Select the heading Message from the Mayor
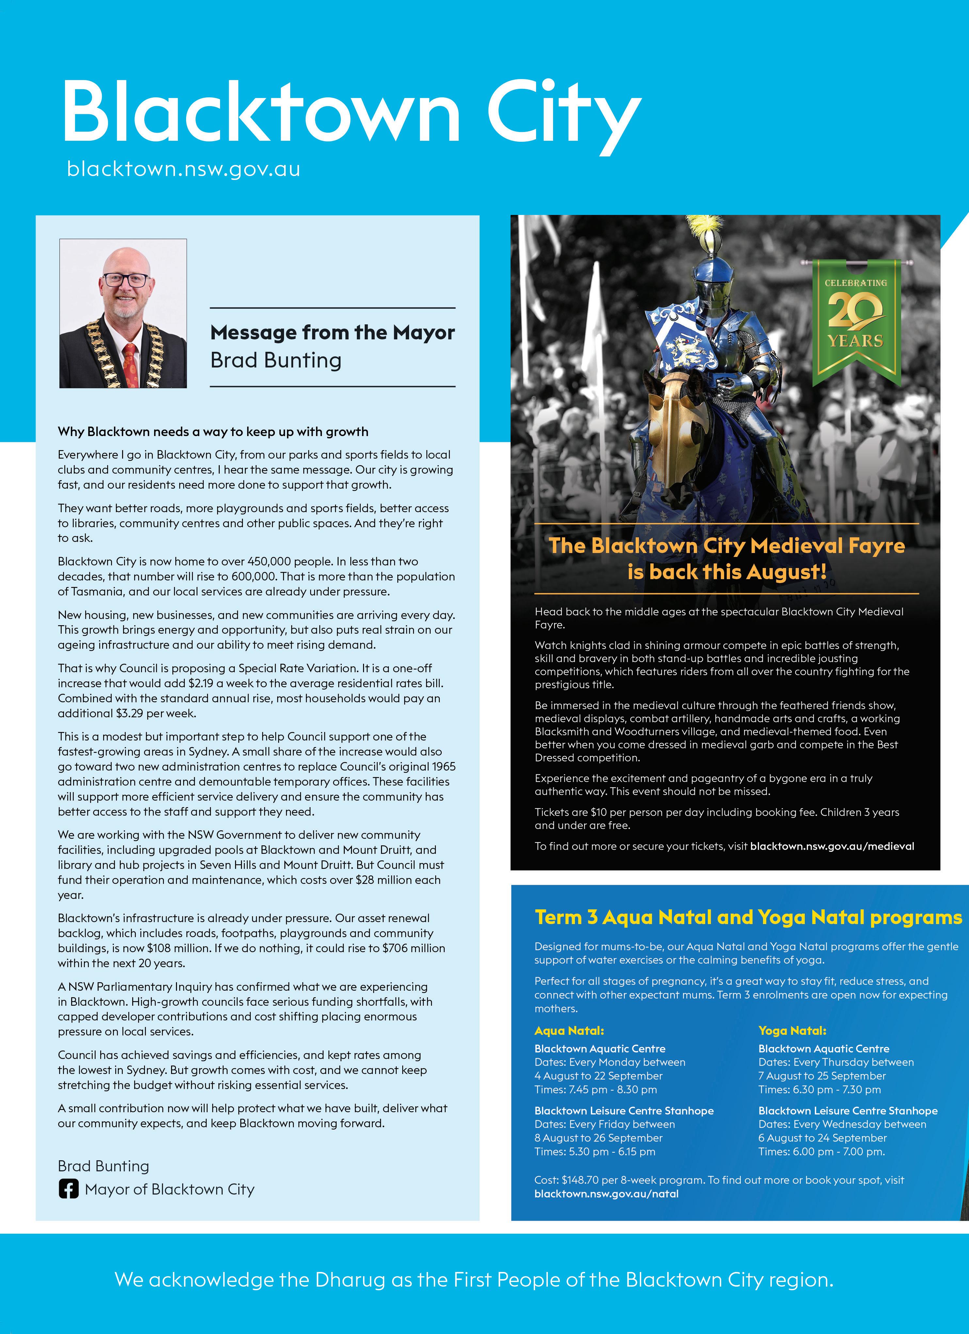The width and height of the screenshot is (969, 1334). pyautogui.click(x=332, y=333)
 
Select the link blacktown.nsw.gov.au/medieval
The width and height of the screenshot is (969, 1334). pyautogui.click(x=832, y=846)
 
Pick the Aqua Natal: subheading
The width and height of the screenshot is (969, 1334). pyautogui.click(x=569, y=1031)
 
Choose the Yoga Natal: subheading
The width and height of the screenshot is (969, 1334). pyautogui.click(x=792, y=1031)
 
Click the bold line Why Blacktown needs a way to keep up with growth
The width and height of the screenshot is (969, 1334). pyautogui.click(x=213, y=432)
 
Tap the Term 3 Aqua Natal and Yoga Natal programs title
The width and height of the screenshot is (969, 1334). pyautogui.click(x=748, y=918)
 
